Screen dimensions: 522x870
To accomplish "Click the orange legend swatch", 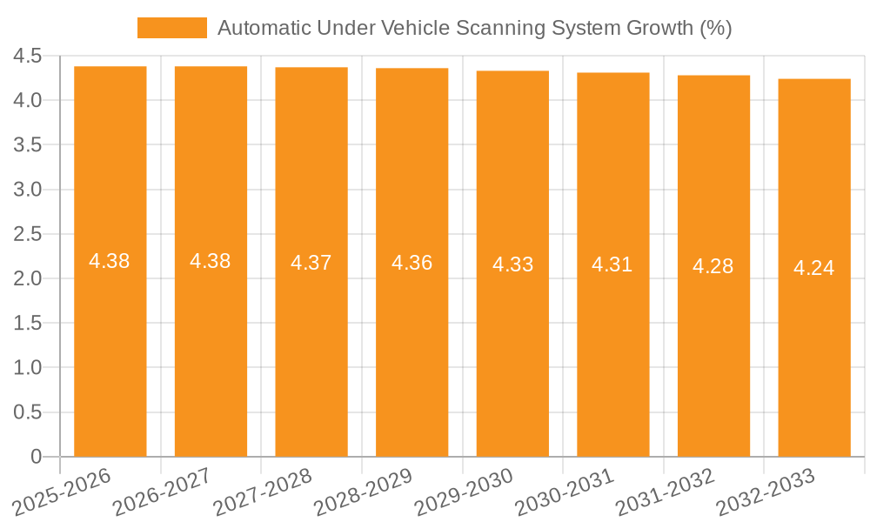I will click(x=171, y=28).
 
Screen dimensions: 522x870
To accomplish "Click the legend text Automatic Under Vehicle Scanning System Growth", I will click(x=474, y=28).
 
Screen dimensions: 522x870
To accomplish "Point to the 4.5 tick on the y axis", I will click(x=28, y=57).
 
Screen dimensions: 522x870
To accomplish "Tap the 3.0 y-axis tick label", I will click(x=28, y=190).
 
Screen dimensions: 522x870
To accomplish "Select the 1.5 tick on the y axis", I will click(x=28, y=324).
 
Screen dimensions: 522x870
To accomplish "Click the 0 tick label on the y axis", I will click(x=36, y=457).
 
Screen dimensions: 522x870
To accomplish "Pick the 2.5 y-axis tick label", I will click(x=28, y=234).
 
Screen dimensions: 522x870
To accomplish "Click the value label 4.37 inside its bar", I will click(x=311, y=263).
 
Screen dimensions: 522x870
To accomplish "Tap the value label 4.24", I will click(x=813, y=268).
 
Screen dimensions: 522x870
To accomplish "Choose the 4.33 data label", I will click(x=512, y=264).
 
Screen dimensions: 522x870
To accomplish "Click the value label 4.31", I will click(x=612, y=264).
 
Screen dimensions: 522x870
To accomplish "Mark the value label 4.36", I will click(x=412, y=263).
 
